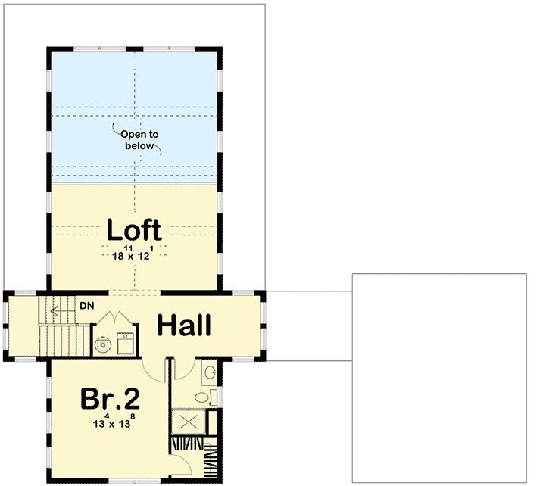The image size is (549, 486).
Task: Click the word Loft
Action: pyautogui.click(x=133, y=229)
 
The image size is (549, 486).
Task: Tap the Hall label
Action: pyautogui.click(x=184, y=326)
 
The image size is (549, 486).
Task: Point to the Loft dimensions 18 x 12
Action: pyautogui.click(x=133, y=255)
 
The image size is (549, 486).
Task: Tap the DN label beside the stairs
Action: pyautogui.click(x=86, y=306)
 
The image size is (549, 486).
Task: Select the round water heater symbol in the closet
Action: pyautogui.click(x=102, y=344)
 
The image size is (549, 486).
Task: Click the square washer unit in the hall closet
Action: pyautogui.click(x=125, y=343)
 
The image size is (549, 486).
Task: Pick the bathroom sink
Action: pyautogui.click(x=211, y=372)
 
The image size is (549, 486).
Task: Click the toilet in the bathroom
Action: pyautogui.click(x=203, y=397)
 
